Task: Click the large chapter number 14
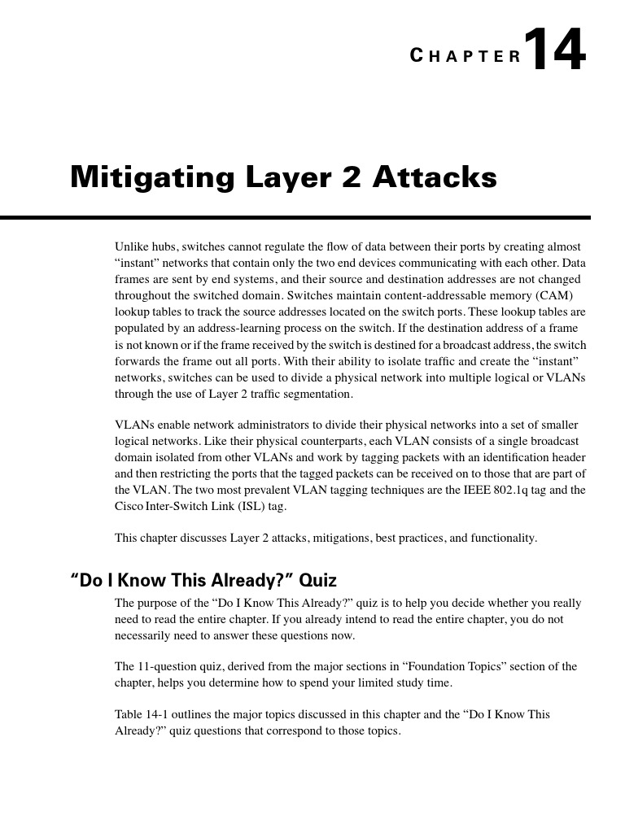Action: pos(554,50)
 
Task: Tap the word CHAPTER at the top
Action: pos(465,56)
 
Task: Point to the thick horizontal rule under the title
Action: pos(295,218)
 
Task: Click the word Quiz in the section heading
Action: pos(317,581)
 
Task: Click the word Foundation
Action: pos(428,666)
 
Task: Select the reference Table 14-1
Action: pos(139,714)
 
